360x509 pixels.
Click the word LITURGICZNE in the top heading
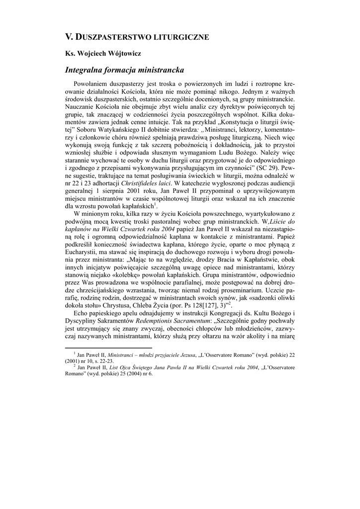click(180, 36)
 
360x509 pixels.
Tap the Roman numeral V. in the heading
click(70, 36)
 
